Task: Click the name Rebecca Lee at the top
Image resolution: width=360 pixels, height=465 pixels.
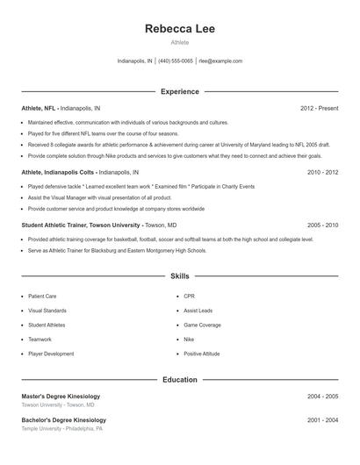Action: [x=179, y=28]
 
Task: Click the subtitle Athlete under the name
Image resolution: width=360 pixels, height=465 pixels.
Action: [x=179, y=43]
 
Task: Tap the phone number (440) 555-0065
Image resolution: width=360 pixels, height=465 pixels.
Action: [x=175, y=61]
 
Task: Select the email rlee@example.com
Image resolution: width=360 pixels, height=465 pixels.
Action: [x=220, y=61]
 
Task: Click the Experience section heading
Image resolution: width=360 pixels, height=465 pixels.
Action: [x=179, y=91]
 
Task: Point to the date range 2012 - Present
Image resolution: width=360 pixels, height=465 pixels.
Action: [x=319, y=108]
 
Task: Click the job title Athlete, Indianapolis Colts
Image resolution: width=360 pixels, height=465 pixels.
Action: [x=59, y=173]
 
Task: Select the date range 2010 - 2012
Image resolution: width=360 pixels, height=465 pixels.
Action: [x=322, y=173]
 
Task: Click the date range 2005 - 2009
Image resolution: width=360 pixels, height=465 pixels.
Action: [x=322, y=225]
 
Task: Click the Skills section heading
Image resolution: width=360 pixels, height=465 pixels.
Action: [x=179, y=275]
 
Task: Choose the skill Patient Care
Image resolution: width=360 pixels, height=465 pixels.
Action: [x=42, y=297]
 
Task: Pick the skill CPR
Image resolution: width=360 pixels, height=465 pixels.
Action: [x=189, y=297]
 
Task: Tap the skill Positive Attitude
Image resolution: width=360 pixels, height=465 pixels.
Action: [x=201, y=354]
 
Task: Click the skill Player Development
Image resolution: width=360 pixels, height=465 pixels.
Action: [x=51, y=354]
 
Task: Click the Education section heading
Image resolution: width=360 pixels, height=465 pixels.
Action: [x=179, y=380]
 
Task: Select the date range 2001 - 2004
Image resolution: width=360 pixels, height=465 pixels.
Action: [x=322, y=420]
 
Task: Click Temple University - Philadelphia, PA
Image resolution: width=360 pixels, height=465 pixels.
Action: [x=61, y=429]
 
